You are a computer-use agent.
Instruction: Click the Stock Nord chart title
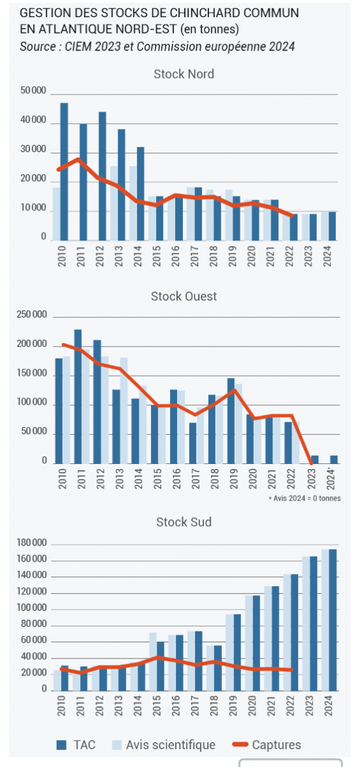pos(184,74)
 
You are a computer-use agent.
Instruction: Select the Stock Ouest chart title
pos(184,296)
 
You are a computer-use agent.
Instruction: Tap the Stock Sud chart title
pos(184,522)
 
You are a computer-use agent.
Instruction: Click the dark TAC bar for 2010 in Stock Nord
pos(64,171)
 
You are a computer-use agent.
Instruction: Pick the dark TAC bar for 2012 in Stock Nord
pos(102,176)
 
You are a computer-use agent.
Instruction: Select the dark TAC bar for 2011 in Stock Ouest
pos(78,396)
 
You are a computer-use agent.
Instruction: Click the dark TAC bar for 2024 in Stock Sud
pos(333,620)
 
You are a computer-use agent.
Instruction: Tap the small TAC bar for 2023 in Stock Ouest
pos(315,460)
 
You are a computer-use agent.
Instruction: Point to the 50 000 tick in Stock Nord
pos(33,90)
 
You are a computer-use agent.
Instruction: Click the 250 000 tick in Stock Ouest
pos(31,314)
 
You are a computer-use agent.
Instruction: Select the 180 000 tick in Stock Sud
pos(31,543)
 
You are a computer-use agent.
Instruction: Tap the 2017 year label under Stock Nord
pos(194,256)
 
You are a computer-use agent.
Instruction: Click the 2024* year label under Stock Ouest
pos(331,479)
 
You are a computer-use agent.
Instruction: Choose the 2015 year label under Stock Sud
pos(157,706)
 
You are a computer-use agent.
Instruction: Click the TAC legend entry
pos(76,745)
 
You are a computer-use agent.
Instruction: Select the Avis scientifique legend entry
pos(164,745)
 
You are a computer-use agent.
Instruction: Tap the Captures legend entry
pos(267,745)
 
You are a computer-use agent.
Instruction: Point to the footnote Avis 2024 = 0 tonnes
pos(305,498)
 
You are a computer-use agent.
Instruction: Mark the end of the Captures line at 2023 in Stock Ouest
pos(311,463)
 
